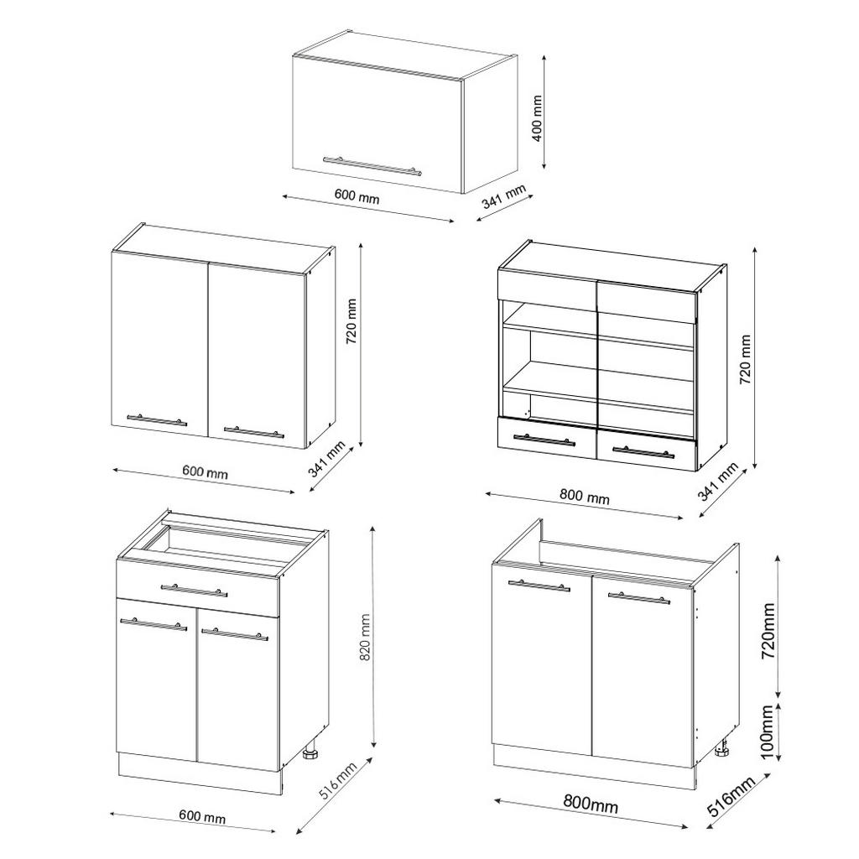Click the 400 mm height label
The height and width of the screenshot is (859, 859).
click(x=538, y=118)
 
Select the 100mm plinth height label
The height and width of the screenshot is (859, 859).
click(x=767, y=731)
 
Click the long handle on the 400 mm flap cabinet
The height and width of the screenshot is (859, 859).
click(x=372, y=165)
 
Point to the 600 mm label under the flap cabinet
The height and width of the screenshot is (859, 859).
click(x=357, y=197)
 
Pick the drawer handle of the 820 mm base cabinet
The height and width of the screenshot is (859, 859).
click(x=193, y=590)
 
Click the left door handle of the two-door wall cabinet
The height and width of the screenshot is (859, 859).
click(x=157, y=419)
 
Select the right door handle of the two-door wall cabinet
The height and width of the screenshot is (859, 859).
click(x=254, y=432)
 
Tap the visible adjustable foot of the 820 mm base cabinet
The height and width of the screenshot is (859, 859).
click(x=311, y=751)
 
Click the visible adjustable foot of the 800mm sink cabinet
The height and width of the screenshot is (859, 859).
click(x=721, y=748)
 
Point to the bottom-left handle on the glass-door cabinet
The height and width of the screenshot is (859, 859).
click(x=544, y=439)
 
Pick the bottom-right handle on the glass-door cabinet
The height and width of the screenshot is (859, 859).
click(x=643, y=452)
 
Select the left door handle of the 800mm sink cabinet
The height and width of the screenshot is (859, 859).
click(x=539, y=585)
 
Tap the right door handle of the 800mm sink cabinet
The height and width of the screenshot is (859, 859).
click(x=638, y=597)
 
